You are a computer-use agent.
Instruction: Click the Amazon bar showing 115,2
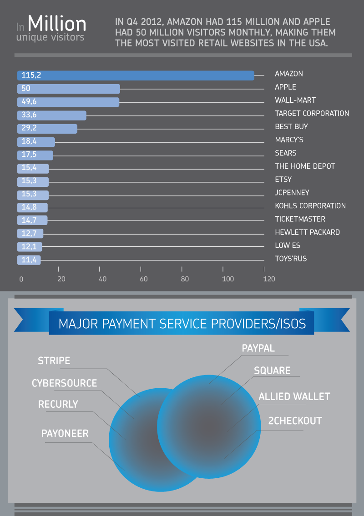tap(136, 75)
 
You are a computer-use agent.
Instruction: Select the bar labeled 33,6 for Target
tap(52, 115)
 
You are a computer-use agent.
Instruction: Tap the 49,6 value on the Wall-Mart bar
tap(29, 102)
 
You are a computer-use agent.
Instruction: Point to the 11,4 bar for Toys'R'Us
tap(29, 260)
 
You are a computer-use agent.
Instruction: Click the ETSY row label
tap(283, 179)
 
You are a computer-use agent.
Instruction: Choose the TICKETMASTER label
tap(300, 219)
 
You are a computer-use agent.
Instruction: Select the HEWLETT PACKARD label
tap(307, 232)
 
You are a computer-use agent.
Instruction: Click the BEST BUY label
tap(292, 126)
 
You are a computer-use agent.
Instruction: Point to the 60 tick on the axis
tap(144, 279)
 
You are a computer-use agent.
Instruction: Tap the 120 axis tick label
tap(269, 279)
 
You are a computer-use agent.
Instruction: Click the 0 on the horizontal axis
tap(21, 279)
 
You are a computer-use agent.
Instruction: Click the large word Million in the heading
tap(57, 23)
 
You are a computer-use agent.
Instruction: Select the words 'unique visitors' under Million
tap(50, 37)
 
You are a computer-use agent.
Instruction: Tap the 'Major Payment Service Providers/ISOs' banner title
tap(182, 324)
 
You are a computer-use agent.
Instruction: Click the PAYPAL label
tap(258, 348)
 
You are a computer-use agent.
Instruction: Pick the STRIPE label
tap(54, 361)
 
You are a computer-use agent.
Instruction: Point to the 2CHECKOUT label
tap(295, 421)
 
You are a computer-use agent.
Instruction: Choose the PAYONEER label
tap(65, 433)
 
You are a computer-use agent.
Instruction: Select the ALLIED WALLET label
tap(294, 396)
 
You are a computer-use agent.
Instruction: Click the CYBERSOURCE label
tap(64, 383)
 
